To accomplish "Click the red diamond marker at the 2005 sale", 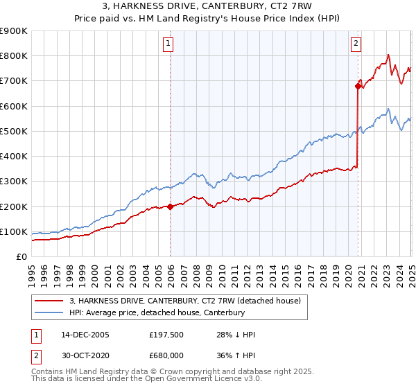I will (x=171, y=206).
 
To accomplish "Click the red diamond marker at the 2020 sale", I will (x=358, y=87).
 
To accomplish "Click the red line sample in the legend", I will (x=49, y=301).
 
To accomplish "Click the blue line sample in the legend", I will (x=49, y=313).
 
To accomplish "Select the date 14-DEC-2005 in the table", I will (x=85, y=335).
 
